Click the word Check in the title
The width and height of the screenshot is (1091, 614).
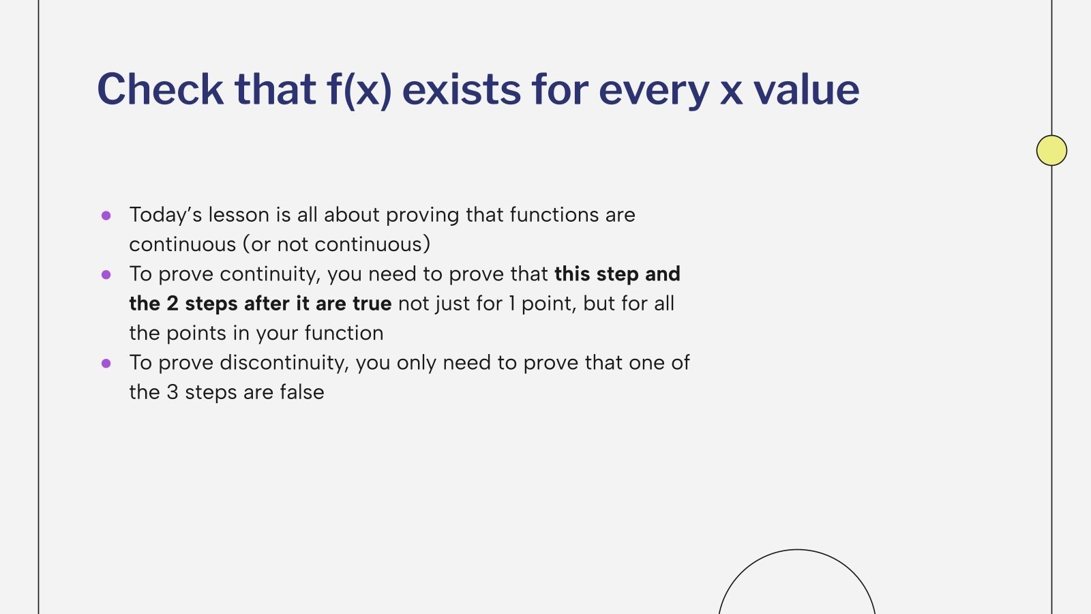(160, 89)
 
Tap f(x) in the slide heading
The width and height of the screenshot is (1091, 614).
(359, 89)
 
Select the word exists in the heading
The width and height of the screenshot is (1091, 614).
(462, 89)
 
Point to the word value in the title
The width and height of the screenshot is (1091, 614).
(806, 89)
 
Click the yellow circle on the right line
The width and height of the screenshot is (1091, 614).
(1051, 150)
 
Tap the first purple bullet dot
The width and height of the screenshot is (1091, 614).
(106, 216)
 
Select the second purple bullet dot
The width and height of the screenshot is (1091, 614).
(106, 275)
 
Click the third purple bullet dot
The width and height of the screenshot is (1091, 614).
(106, 364)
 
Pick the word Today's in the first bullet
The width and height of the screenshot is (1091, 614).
(165, 215)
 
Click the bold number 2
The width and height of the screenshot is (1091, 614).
(173, 304)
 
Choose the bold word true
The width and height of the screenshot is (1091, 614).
(372, 304)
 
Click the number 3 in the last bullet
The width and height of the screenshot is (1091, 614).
(173, 392)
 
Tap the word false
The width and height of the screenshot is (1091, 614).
(301, 392)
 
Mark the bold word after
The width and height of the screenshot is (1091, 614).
(267, 304)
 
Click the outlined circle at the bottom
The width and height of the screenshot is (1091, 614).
(796, 587)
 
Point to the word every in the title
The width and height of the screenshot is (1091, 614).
(654, 89)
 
